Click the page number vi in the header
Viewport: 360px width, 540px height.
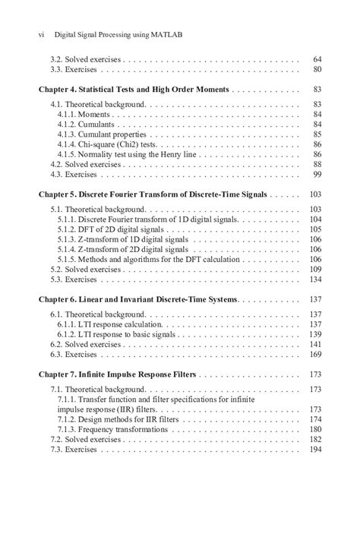tap(43, 34)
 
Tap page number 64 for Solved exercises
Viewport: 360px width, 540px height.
tap(317, 59)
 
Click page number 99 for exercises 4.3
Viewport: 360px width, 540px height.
tap(317, 175)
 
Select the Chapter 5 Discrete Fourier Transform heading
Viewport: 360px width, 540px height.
tap(153, 194)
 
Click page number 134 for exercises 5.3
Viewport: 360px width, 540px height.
tap(315, 279)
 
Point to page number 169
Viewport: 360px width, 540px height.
tap(315, 354)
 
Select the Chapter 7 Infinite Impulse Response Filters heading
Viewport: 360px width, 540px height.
tap(117, 374)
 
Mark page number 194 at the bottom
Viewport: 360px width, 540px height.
tap(315, 450)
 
